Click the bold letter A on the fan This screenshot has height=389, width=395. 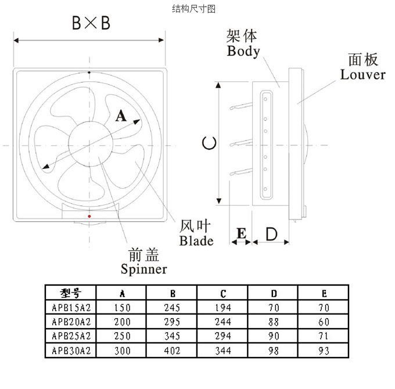(x=121, y=116)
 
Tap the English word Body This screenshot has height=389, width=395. (x=243, y=51)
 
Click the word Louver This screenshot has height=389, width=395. (x=363, y=75)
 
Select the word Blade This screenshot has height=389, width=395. (x=196, y=241)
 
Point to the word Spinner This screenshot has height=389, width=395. (x=143, y=269)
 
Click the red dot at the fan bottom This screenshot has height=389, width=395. (x=89, y=216)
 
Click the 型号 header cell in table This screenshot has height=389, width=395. (x=70, y=293)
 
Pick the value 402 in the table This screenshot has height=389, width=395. (x=172, y=351)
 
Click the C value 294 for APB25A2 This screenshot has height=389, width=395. (x=222, y=336)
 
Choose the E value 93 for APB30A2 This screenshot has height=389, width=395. (x=324, y=351)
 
